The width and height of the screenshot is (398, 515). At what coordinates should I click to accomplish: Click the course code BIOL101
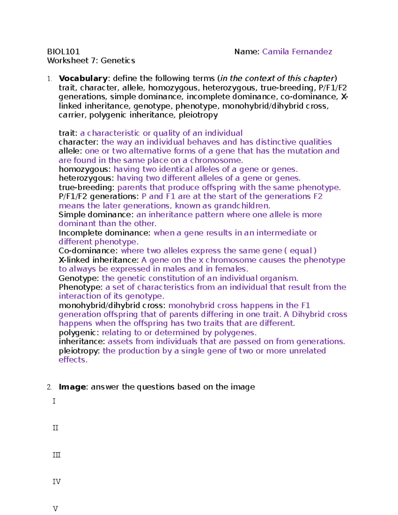point(63,52)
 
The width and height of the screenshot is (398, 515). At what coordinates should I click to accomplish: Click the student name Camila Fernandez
point(297,52)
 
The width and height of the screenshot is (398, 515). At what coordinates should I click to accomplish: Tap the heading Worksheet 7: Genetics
point(91,61)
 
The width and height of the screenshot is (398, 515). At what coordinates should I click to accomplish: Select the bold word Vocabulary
point(83,79)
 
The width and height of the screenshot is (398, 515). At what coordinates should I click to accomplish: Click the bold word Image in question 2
point(72,387)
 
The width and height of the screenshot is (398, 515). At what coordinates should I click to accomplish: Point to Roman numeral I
point(54,401)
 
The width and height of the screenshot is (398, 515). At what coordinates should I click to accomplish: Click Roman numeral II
point(55,428)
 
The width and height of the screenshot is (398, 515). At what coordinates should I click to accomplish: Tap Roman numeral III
point(56,455)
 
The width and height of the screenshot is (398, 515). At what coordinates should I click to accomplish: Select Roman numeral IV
point(56,482)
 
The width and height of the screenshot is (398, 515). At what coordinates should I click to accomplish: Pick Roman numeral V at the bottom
point(55,509)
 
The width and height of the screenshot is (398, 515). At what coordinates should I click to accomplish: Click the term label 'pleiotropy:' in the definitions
point(79,351)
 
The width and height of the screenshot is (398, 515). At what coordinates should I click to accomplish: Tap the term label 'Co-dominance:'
point(88,251)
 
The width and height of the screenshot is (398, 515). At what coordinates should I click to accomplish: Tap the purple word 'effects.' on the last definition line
point(73,360)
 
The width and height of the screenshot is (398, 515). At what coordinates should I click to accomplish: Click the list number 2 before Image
point(49,387)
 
